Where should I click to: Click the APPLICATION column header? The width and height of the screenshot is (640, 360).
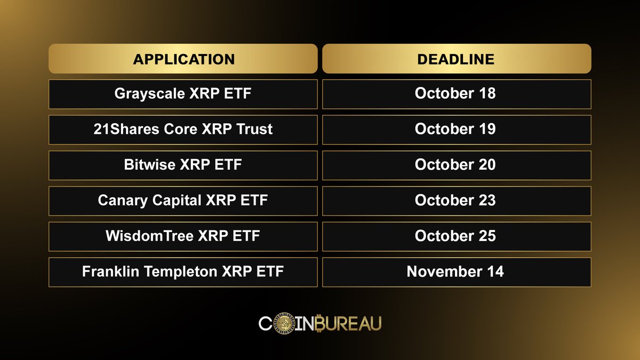pos(183,59)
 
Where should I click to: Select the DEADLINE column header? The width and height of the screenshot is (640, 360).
pos(456,59)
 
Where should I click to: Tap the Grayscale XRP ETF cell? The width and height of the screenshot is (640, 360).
pos(183,94)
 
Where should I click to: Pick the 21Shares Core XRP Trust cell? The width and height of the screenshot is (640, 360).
pos(183,130)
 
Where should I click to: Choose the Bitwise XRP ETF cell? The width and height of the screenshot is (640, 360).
pos(183,165)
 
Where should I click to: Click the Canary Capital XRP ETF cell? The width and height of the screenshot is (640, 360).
pos(183,201)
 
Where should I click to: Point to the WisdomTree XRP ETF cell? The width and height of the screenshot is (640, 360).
pos(183,236)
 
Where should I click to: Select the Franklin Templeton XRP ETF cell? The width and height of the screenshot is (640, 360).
pos(183,272)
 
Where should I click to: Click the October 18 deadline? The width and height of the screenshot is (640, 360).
pos(456,94)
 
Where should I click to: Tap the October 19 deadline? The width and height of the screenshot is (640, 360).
pos(456,130)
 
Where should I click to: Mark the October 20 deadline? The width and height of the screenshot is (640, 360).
pos(456,165)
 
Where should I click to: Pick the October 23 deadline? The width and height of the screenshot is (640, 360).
pos(456,201)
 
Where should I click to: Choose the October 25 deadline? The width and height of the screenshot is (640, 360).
pos(456,236)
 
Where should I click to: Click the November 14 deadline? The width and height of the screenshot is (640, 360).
pos(456,272)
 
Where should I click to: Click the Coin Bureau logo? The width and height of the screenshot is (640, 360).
pos(320,323)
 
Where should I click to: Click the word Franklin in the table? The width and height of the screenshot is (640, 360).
pos(109,272)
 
